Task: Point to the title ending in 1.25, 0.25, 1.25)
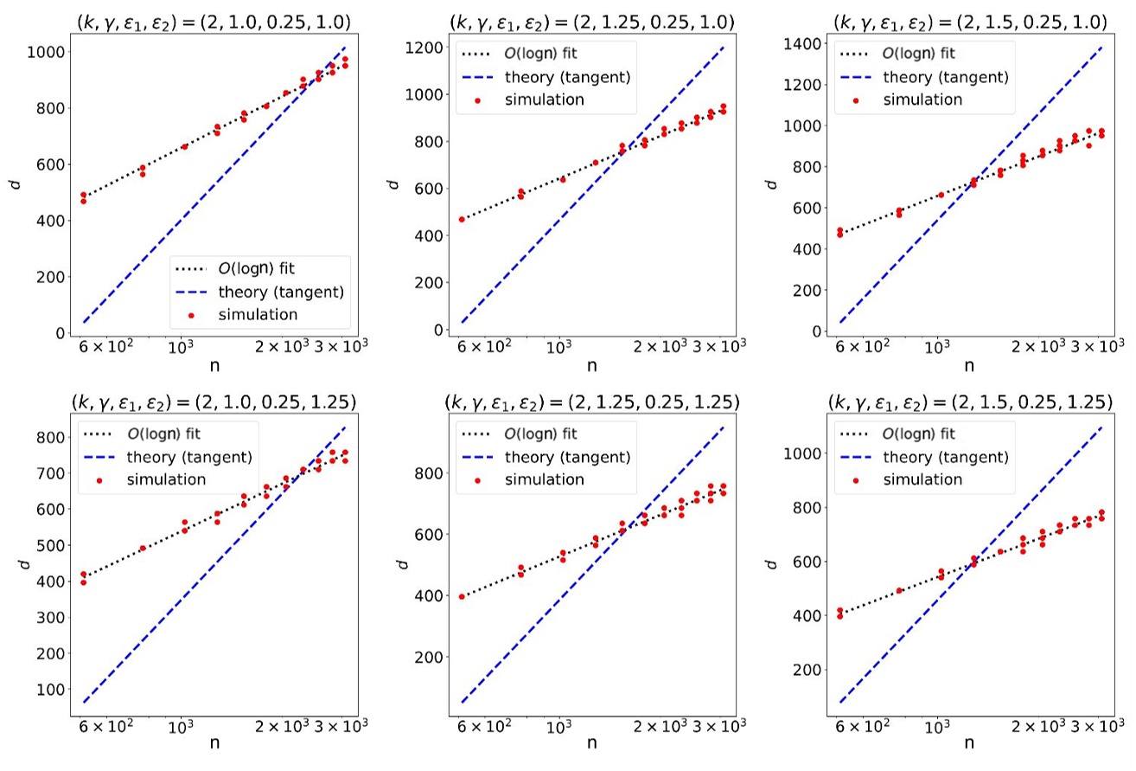(591, 402)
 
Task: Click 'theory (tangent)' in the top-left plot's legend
(286, 292)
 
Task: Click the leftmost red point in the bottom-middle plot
(462, 596)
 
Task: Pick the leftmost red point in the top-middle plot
(462, 219)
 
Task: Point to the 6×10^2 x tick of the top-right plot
(857, 348)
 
